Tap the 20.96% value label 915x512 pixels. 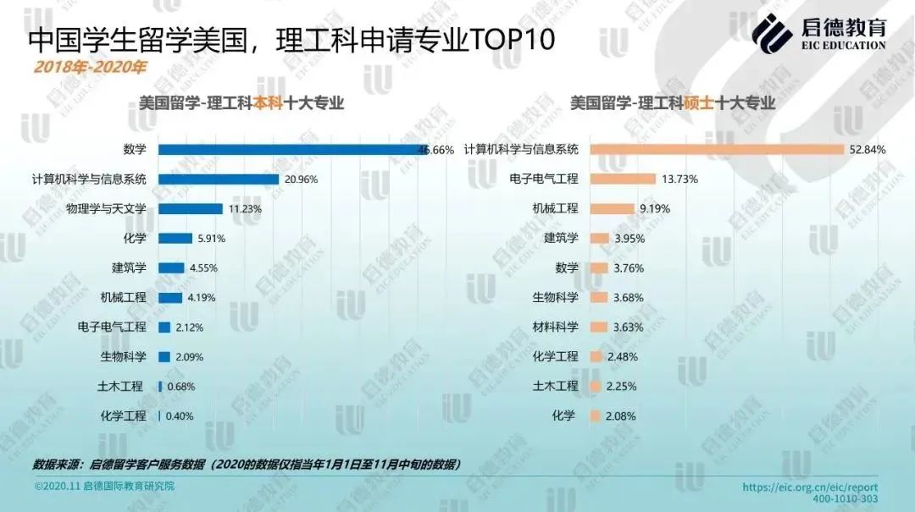[302, 179]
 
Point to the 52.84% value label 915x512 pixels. [867, 150]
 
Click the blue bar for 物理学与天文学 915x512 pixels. [190, 209]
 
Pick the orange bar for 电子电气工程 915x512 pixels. [623, 179]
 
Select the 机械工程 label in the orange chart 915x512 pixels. [555, 209]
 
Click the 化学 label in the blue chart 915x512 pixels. [135, 239]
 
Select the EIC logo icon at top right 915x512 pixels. [772, 34]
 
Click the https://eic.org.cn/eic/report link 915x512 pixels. [810, 487]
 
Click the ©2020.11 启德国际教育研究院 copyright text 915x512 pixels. [104, 487]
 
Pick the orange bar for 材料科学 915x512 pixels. [599, 328]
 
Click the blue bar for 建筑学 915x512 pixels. [171, 268]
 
